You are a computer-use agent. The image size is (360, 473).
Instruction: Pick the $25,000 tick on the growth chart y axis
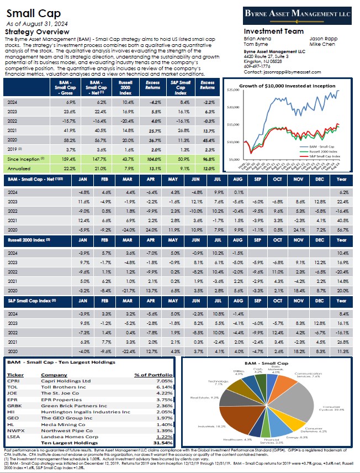point(231,89)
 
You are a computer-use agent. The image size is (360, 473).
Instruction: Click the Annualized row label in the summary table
point(19,168)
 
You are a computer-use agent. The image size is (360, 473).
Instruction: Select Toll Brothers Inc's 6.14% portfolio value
point(161,388)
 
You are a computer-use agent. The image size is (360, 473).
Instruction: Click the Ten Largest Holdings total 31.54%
point(161,442)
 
